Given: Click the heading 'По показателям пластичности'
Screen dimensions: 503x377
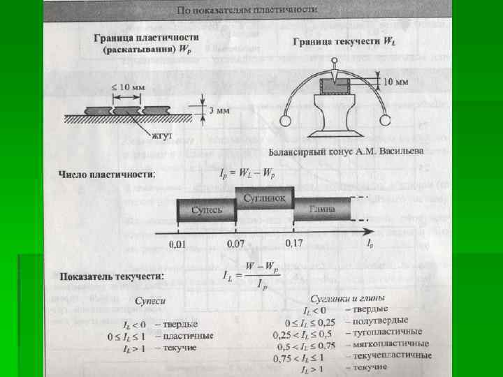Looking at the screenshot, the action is (x=247, y=10).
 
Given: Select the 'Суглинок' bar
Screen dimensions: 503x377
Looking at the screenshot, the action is (x=265, y=198).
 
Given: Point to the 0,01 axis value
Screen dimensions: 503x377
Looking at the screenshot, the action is (x=179, y=245).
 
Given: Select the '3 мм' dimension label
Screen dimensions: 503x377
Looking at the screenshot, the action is (x=221, y=110).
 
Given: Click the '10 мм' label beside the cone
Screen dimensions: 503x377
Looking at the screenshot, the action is (x=396, y=82).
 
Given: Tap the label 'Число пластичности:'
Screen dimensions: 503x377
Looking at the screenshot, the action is (x=107, y=174).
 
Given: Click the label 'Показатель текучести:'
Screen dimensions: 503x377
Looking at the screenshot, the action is (x=112, y=276).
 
